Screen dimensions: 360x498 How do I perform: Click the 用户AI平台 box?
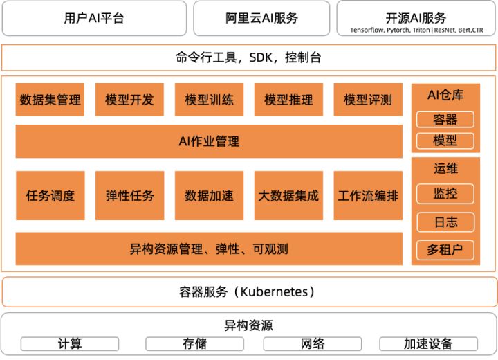94,18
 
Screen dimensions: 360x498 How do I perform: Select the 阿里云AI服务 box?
262,18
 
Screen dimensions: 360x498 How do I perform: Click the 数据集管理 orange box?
50,100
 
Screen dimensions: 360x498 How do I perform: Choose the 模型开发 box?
129,100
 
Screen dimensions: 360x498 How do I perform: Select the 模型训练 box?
209,100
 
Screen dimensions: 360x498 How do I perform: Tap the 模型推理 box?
288,100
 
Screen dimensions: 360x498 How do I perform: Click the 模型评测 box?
368,100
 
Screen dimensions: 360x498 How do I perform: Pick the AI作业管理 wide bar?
209,141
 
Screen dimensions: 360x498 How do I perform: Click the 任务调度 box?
50,195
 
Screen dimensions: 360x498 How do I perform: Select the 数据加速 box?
209,195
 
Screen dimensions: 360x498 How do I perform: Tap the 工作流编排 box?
368,195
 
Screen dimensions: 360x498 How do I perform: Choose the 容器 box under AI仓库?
445,120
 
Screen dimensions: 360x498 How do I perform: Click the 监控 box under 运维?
445,194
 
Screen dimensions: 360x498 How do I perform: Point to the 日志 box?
445,222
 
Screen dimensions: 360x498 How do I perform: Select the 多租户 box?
445,250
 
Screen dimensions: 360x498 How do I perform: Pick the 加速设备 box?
428,343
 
